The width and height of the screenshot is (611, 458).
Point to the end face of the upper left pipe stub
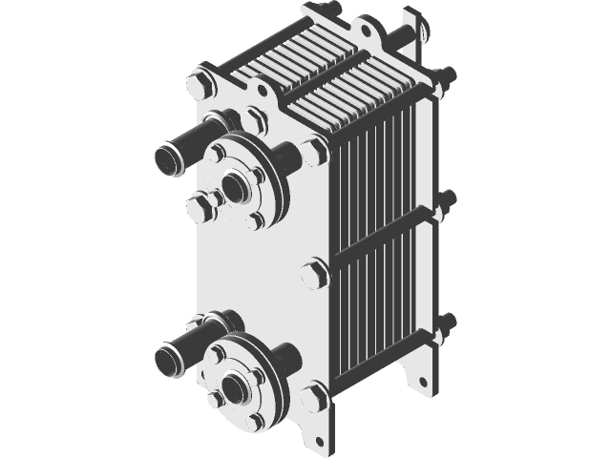click(x=169, y=157)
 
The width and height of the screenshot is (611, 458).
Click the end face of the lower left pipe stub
click(x=169, y=360)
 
